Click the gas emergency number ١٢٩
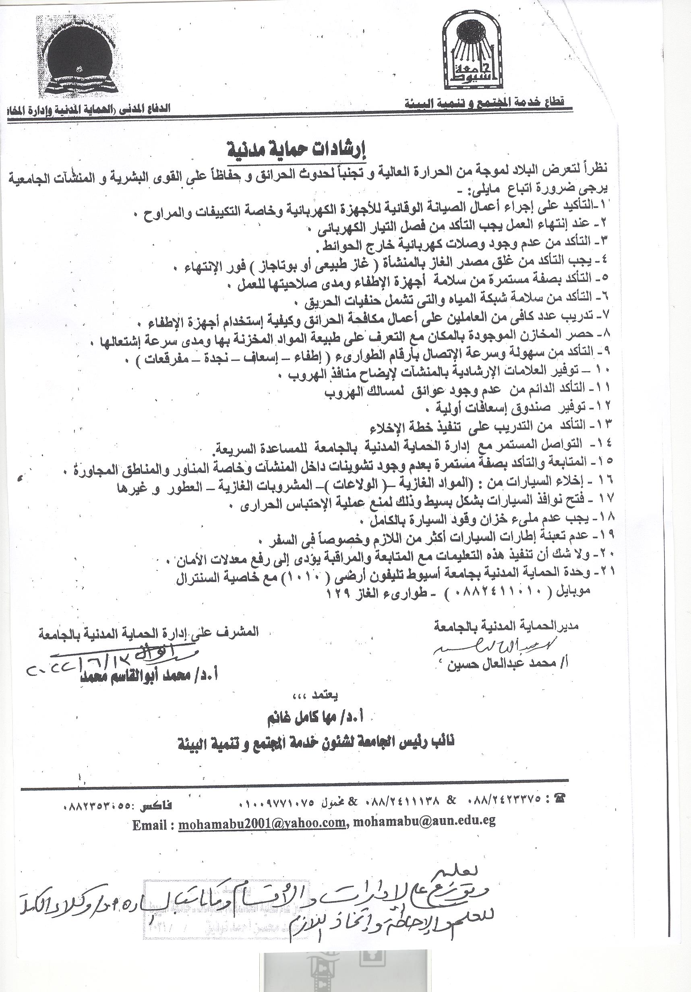(338, 593)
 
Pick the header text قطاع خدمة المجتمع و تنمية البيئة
(484, 103)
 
